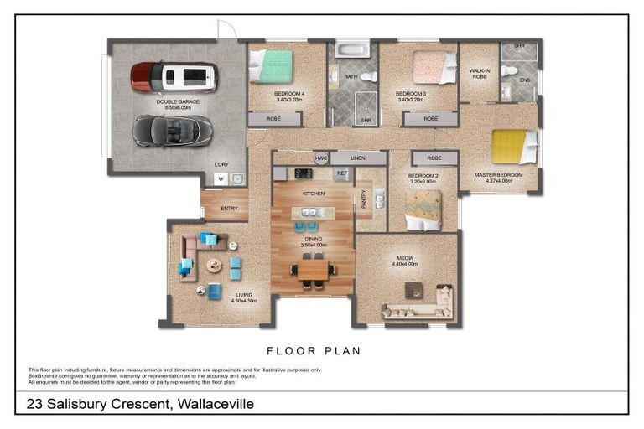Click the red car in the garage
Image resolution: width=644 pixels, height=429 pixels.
coord(174,77)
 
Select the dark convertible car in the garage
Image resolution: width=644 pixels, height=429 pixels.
coord(172,130)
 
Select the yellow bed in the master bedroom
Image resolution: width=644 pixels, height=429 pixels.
coord(513,146)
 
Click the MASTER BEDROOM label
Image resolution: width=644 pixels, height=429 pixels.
coord(499,175)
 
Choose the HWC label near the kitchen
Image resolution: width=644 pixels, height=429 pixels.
coord(320,158)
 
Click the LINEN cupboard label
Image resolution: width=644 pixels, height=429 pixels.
coord(358,158)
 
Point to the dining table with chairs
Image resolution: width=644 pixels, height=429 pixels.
coord(313,270)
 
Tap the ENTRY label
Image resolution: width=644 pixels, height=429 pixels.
coord(229,209)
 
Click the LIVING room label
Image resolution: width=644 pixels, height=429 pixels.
coord(244,295)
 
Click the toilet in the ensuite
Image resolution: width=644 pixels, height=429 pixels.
coord(509,71)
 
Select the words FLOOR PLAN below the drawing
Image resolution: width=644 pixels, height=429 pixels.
coord(313,351)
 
